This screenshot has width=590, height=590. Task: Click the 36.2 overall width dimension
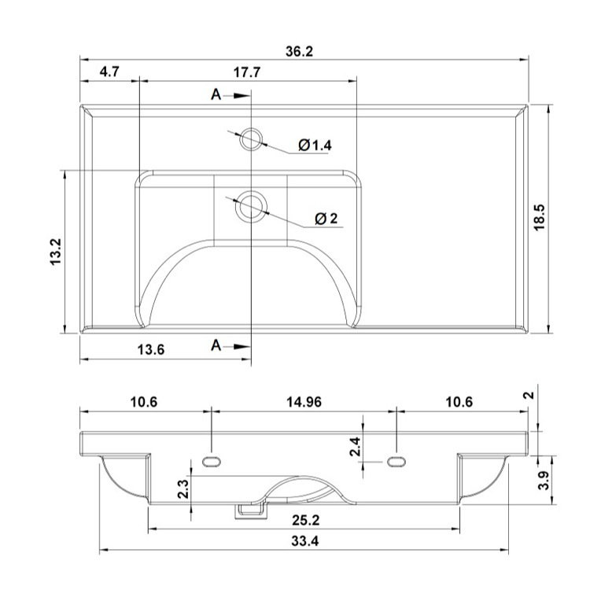point(299,52)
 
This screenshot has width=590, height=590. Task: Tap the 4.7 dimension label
point(109,72)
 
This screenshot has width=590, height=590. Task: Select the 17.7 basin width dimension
point(247,72)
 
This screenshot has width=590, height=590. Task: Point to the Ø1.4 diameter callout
point(315,145)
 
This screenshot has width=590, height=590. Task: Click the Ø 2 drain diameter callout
point(326,218)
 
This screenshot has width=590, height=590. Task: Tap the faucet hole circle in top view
point(251,138)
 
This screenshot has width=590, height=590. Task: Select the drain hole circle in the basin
point(251,207)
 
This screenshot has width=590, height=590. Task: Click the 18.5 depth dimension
point(539,217)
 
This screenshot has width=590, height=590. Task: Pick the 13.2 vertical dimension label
point(56,252)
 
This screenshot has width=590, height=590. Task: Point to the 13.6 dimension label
point(151,349)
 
